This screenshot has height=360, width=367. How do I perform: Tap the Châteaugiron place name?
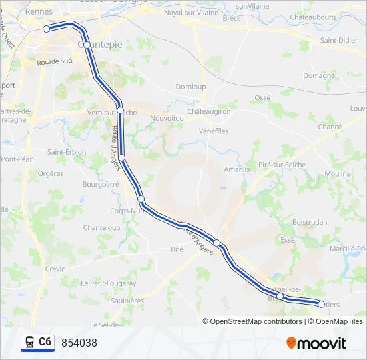(x=208, y=112)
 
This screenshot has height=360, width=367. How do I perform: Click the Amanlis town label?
(x=236, y=169)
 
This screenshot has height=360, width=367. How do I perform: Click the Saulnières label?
(x=126, y=301)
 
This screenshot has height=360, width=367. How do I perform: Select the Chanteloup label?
(x=101, y=228)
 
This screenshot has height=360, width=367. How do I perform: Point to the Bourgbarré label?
(x=101, y=183)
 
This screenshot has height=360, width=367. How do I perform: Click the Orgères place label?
(x=51, y=173)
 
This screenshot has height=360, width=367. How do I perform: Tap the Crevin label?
(x=55, y=269)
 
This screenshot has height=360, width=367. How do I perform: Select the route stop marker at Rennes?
(x=46, y=29)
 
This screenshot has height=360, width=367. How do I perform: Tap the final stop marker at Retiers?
(x=321, y=304)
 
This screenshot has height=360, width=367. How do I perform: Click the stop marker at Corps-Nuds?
(x=141, y=199)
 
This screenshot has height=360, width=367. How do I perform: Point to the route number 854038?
(x=79, y=343)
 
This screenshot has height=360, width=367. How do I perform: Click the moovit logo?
(x=316, y=343)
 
